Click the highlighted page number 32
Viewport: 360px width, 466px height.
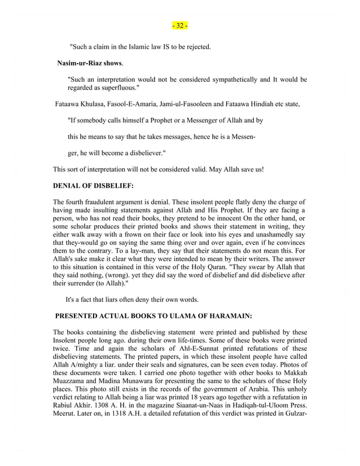(x=180, y=26)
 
